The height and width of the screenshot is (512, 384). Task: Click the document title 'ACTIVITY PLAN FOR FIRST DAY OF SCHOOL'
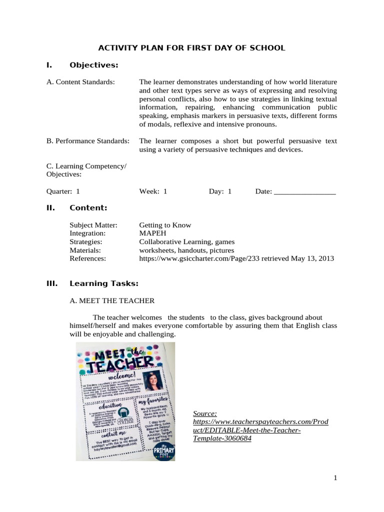(x=191, y=48)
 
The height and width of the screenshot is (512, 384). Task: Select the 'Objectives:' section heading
(x=94, y=65)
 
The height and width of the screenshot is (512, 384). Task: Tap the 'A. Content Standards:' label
(x=80, y=82)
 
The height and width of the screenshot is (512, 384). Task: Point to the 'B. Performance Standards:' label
(x=88, y=141)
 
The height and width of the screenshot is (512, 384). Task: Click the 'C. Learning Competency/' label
(x=86, y=166)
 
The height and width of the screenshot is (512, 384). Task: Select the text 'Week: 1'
(x=153, y=191)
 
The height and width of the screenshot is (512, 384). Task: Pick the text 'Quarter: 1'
(x=63, y=191)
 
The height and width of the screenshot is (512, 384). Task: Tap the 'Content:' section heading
(x=88, y=208)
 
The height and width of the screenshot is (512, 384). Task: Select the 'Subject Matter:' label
(x=93, y=225)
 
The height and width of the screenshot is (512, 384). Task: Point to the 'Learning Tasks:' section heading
(x=104, y=284)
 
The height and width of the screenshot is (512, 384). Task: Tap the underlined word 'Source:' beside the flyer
(x=205, y=413)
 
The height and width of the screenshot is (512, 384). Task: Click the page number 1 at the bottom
(x=336, y=478)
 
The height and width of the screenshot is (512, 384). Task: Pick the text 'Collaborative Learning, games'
(x=180, y=242)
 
